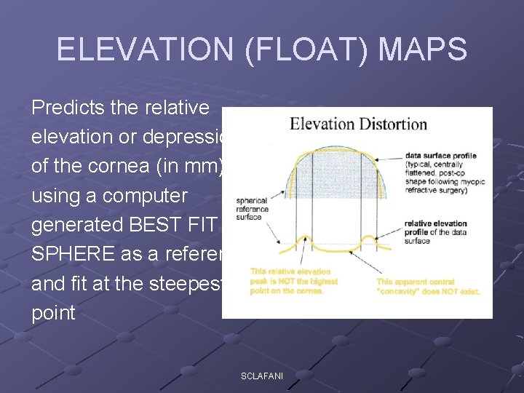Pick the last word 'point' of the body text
(x=53, y=312)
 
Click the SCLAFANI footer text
(x=263, y=376)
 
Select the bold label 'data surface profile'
(x=441, y=156)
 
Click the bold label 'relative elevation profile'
(x=435, y=223)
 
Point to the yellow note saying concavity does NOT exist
(x=427, y=286)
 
